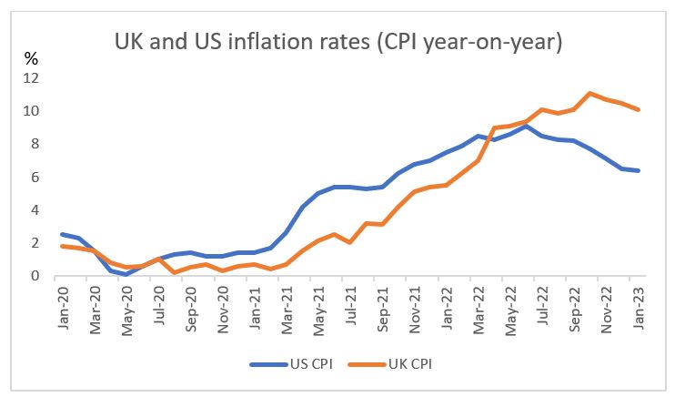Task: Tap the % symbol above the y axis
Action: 30,58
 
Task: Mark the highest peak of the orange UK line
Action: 590,93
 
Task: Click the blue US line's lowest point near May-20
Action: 127,274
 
